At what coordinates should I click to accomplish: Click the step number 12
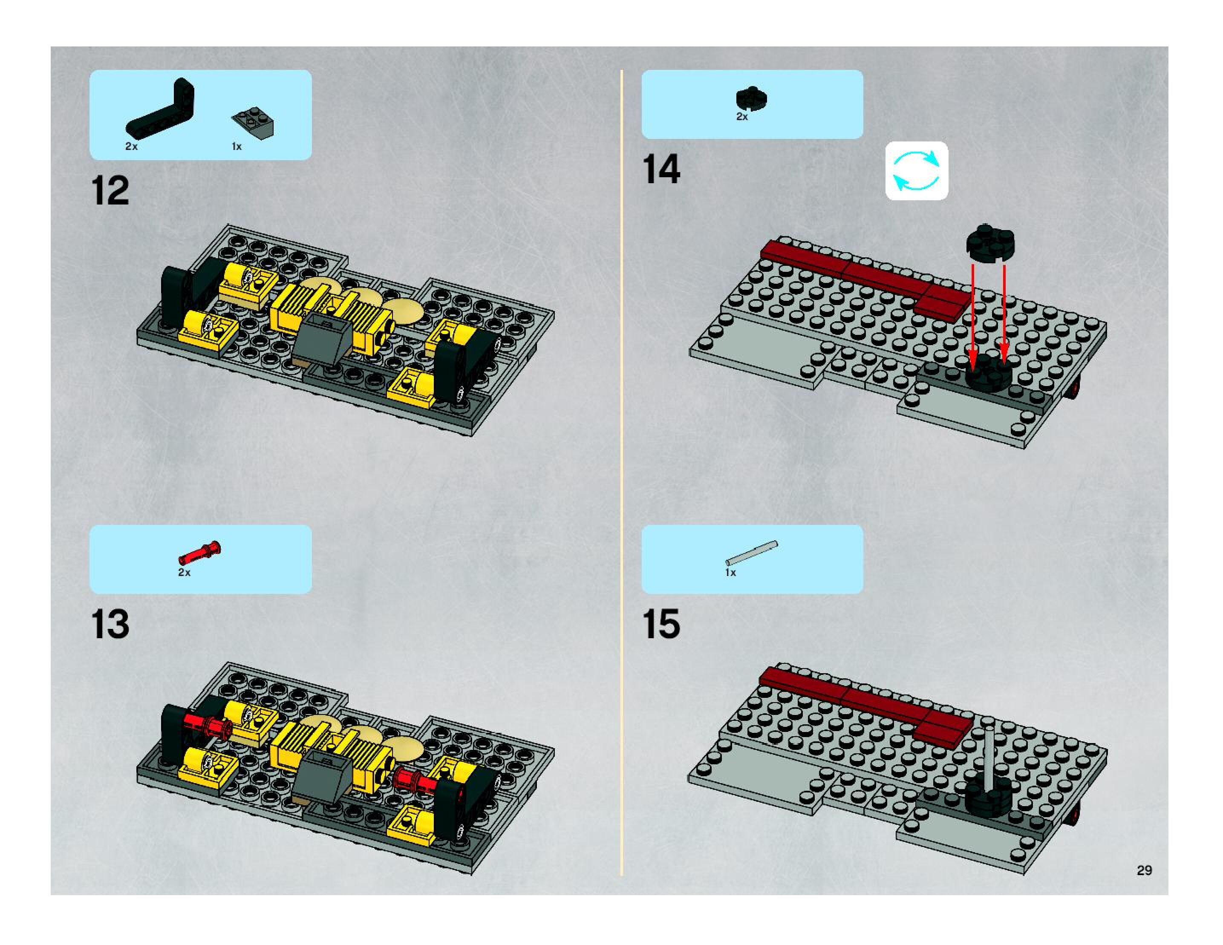110,191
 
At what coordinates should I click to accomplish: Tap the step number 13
110,624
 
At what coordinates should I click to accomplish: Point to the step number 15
661,624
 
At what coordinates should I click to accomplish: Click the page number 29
1144,870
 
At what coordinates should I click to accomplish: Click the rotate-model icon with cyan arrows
916,171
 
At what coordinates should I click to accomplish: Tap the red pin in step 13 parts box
200,553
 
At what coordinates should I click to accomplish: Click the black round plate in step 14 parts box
752,99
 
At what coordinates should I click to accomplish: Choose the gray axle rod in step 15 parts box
752,553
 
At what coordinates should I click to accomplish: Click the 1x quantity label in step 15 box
730,573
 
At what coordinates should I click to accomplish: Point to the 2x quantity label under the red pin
184,573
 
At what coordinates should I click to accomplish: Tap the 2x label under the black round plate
742,117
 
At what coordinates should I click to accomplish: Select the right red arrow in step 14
1004,314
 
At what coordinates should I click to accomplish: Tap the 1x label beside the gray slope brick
237,147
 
